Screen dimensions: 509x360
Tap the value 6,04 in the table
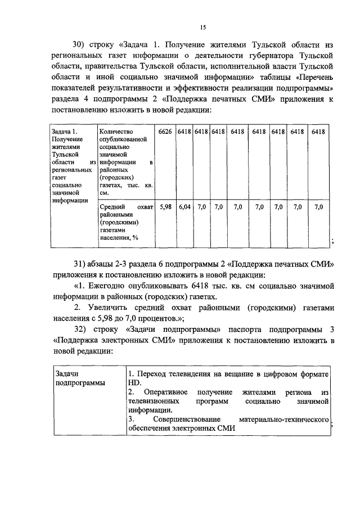point(184,207)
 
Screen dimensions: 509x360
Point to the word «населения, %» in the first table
point(119,237)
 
